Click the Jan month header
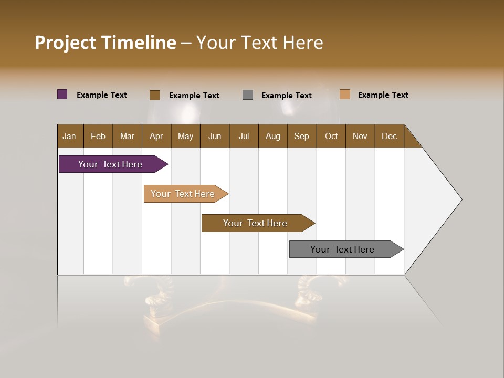[69, 136]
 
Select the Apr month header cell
[156, 136]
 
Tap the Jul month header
[244, 136]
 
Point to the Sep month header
[301, 136]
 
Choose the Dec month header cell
[389, 136]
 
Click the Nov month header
[360, 136]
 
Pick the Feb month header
[98, 136]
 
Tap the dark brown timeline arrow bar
[256, 223]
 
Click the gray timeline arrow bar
[343, 249]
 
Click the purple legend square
[62, 94]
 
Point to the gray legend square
[248, 94]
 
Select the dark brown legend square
[155, 95]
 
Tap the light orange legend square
[344, 94]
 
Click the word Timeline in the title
[139, 43]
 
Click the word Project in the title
[65, 43]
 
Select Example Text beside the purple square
[102, 95]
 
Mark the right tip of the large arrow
[461, 199]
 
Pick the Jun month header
[214, 136]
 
